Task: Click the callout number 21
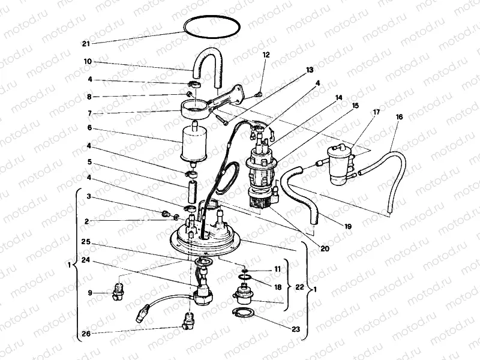coord(85,44)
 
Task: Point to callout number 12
coord(266,55)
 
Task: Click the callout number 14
coord(339,97)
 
